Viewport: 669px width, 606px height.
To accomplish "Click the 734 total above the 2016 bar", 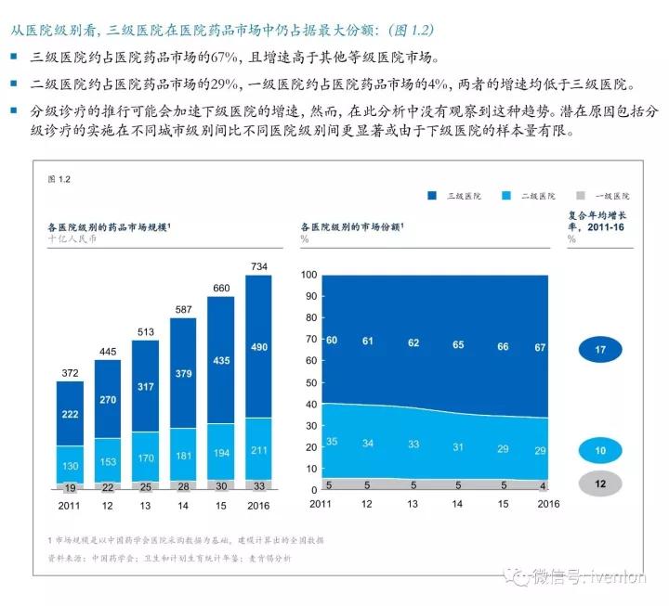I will coord(259,267).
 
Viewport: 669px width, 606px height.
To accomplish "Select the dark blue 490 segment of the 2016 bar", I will coord(259,346).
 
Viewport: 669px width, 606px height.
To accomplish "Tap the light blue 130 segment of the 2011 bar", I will coord(71,465).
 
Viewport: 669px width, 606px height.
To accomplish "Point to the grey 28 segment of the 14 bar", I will coord(183,485).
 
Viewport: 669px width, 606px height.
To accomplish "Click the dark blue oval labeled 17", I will coord(600,350).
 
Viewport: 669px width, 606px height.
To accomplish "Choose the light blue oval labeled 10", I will coord(600,451).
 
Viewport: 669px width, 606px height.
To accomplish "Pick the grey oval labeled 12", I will coord(600,483).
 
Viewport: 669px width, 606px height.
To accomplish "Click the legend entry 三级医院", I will coord(454,196).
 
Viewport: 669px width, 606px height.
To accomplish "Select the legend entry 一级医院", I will coord(604,196).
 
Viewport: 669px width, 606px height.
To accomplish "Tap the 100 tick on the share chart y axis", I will coord(309,275).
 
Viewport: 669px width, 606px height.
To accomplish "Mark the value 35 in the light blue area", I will coord(331,441).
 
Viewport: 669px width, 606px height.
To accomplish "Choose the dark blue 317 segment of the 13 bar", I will coord(146,386).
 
